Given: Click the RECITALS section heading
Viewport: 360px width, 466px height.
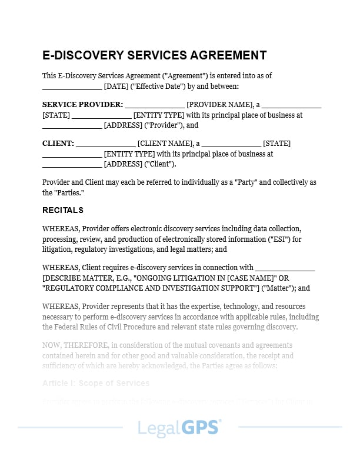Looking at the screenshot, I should [x=63, y=210].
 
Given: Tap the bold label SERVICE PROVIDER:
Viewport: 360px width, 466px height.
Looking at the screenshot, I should [x=83, y=105].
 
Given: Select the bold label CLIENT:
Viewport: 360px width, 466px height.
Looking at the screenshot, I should [x=58, y=144].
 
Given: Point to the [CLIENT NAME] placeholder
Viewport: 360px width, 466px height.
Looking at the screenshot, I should [x=165, y=144].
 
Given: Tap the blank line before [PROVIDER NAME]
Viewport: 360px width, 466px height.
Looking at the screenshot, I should [x=155, y=105].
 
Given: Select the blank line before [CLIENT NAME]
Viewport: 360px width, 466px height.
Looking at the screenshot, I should [x=106, y=144].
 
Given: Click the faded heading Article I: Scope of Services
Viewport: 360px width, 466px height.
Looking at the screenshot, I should [x=96, y=383].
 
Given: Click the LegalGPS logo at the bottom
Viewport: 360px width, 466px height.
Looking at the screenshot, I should [x=179, y=427].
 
